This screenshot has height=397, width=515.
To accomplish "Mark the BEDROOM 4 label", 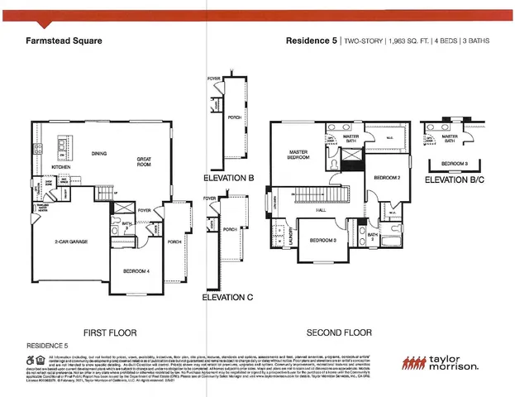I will [136, 271].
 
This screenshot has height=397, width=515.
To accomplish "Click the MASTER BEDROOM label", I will [298, 155].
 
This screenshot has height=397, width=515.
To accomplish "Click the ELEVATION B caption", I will [228, 178].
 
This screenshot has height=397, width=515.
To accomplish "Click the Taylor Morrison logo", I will [439, 363].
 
